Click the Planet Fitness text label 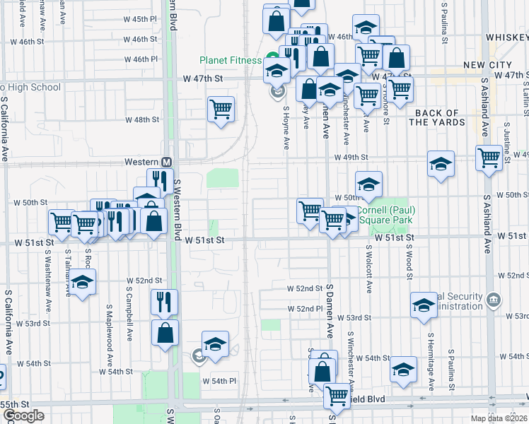pyautogui.click(x=231, y=60)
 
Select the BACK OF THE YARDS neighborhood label pyautogui.click(x=437, y=117)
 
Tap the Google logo pyautogui.click(x=23, y=416)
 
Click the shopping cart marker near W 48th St pyautogui.click(x=221, y=110)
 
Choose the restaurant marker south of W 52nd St pyautogui.click(x=164, y=302)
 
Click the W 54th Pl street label pyautogui.click(x=219, y=381)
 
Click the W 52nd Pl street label pyautogui.click(x=305, y=309)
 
